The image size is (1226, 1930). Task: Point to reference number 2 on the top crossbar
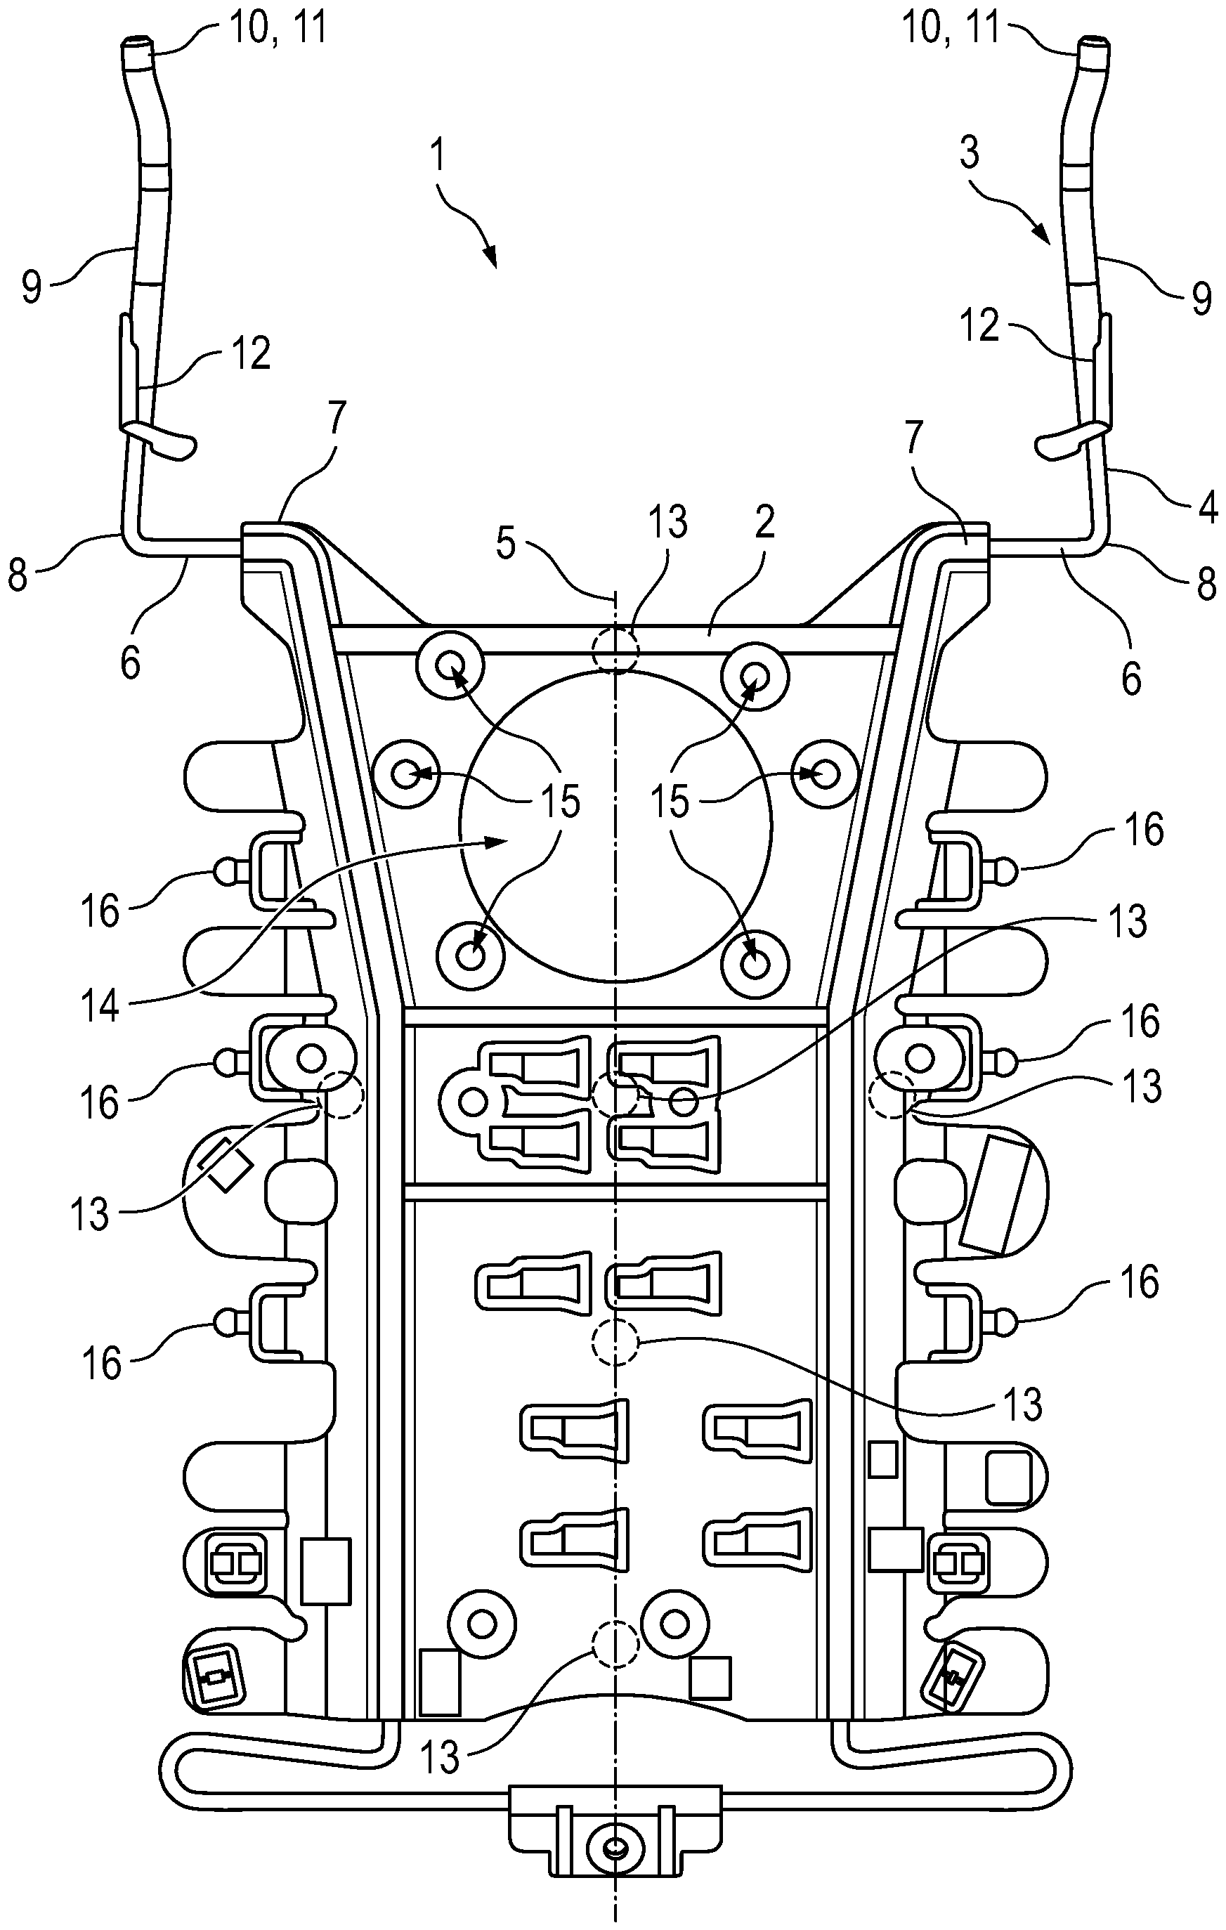pos(765,523)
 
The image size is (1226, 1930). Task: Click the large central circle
pos(615,826)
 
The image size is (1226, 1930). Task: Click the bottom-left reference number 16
pos(102,1362)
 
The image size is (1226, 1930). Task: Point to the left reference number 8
pos(18,575)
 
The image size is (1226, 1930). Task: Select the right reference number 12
pos(979,326)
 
